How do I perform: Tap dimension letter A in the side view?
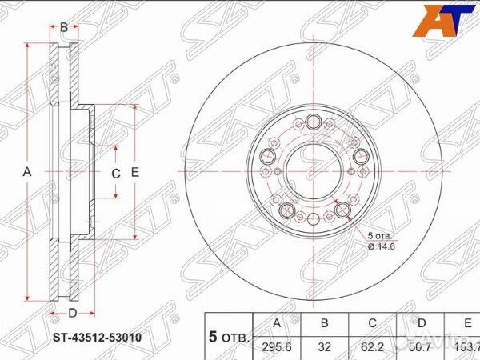(26, 173)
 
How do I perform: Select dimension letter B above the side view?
(64, 27)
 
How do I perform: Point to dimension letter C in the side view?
(114, 174)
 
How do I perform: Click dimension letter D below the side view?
(71, 313)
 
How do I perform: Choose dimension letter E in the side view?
(135, 173)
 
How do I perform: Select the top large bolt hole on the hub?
(313, 122)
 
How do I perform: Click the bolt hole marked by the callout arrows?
(344, 210)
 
